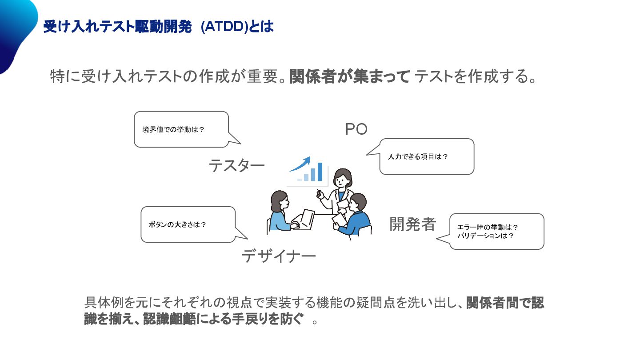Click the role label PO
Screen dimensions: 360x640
point(356,129)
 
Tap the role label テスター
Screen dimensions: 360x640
point(236,166)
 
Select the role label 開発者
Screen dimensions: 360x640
point(413,224)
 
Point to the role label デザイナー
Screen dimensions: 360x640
point(279,256)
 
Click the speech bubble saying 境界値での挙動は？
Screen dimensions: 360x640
point(181,129)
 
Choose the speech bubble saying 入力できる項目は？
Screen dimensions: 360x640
point(427,156)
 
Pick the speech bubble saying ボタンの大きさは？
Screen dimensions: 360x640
point(188,224)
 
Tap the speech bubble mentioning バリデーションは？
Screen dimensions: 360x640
point(496,232)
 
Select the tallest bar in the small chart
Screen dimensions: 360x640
point(320,172)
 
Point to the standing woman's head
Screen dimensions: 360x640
point(342,178)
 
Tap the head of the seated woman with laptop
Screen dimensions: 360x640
point(280,201)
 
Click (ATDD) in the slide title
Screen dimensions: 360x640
point(224,27)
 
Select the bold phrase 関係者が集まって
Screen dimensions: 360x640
point(349,77)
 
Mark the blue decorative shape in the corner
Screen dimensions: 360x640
point(16,31)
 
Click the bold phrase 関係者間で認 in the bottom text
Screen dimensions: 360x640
point(505,303)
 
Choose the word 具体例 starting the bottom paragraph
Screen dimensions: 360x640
point(104,303)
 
